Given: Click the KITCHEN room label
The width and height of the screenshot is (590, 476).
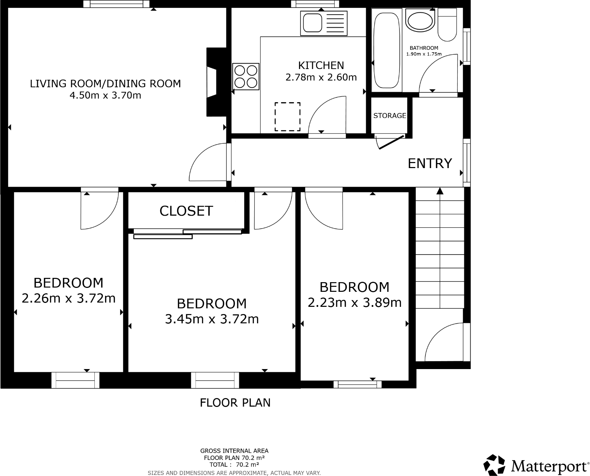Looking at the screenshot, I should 321,65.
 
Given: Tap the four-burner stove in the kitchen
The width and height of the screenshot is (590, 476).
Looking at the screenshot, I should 246,77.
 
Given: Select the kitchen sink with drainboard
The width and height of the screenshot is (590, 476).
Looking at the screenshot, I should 324,23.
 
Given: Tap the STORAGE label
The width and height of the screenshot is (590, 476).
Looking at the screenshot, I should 389,116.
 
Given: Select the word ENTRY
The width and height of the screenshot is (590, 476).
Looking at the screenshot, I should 430,163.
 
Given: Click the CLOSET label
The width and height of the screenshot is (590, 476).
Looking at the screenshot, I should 186,211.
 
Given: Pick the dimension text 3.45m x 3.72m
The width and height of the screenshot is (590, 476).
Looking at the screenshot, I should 212,319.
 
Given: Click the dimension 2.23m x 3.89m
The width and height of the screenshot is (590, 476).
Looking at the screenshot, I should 354,303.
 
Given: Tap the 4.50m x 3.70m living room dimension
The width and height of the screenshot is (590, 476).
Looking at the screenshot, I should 105,95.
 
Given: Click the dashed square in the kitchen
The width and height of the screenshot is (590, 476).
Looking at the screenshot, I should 287,117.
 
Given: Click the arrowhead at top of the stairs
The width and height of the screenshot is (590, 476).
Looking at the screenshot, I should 440,191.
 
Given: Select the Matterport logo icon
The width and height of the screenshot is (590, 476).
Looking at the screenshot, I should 495,465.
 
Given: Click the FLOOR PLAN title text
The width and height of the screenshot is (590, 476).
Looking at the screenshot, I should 235,403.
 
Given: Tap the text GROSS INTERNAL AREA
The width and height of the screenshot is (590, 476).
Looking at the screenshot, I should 234,451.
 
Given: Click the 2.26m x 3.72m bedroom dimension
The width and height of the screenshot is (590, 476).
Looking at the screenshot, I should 69,298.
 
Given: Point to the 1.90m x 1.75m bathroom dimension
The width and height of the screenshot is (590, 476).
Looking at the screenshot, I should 424,54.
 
